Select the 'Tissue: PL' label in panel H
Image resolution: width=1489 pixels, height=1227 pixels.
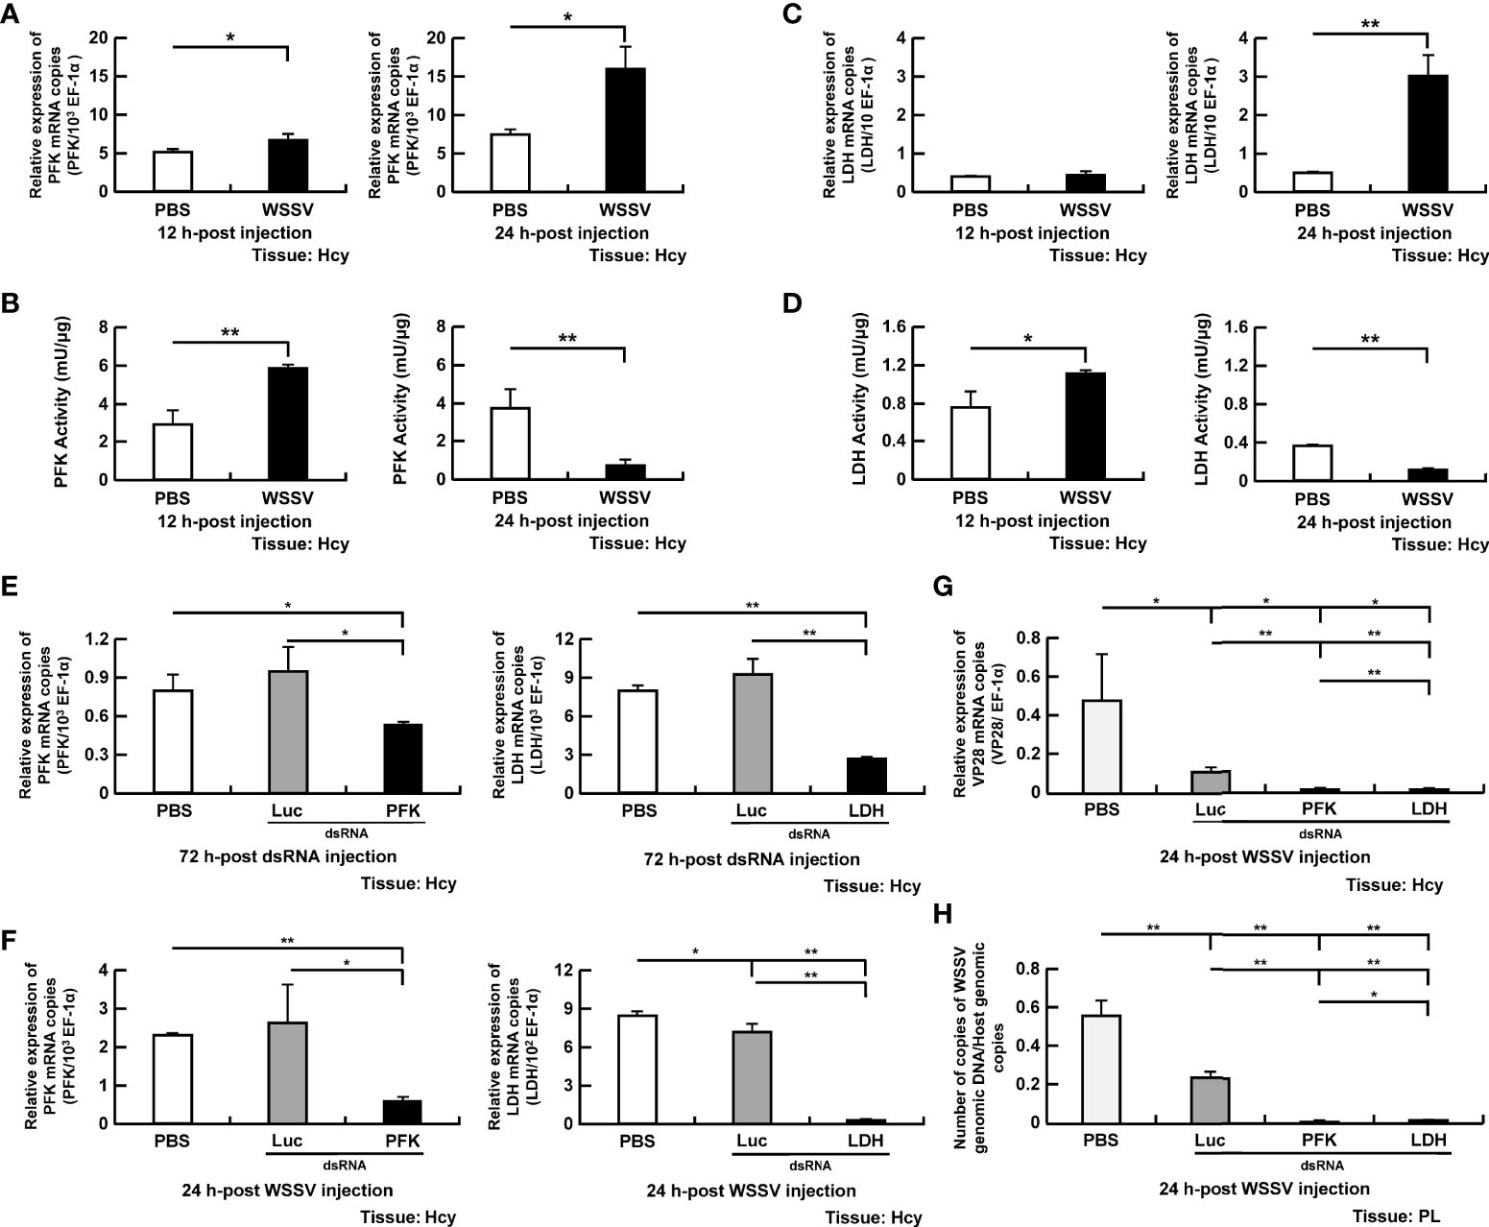pos(1402,1215)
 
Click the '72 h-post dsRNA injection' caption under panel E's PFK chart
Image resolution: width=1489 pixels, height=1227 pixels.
pos(288,855)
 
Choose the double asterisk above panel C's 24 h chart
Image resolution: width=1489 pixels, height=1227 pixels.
pos(1370,24)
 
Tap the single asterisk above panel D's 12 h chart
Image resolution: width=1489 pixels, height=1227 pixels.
pos(1027,338)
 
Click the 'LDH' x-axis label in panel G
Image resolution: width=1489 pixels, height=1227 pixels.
pos(1429,809)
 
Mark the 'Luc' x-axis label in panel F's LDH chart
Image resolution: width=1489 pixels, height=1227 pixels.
pos(751,1141)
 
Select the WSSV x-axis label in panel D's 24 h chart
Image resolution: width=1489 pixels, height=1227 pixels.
pos(1428,498)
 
